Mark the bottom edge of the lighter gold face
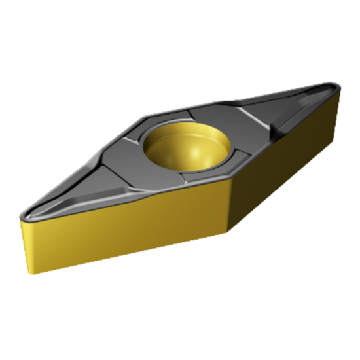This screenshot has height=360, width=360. (131, 262)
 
